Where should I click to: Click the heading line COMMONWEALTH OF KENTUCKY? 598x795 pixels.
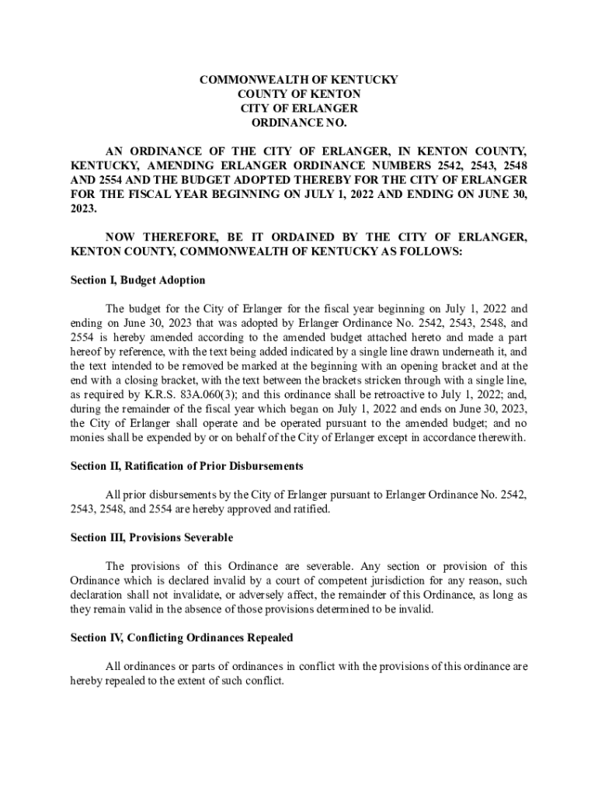tap(299, 80)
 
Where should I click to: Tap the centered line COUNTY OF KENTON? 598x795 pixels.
tap(299, 94)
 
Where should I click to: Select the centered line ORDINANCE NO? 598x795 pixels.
tap(299, 123)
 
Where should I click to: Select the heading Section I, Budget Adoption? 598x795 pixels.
tap(137, 280)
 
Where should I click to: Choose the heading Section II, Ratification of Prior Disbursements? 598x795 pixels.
tap(186, 466)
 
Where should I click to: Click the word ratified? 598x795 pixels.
tap(310, 509)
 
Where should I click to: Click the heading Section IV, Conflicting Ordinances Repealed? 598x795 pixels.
tap(182, 637)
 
